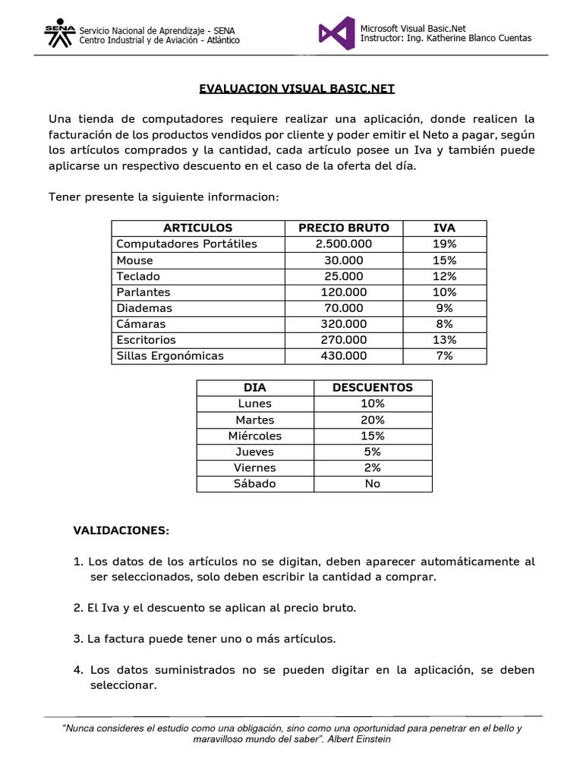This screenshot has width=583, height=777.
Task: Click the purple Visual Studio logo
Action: [x=336, y=33]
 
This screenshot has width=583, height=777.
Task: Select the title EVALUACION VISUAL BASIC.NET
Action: [x=297, y=88]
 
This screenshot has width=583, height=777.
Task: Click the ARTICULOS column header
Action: [x=197, y=228]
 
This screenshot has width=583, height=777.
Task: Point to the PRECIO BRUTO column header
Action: [x=343, y=228]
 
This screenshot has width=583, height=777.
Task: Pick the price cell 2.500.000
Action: [x=343, y=244]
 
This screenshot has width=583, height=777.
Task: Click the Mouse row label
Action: [x=134, y=260]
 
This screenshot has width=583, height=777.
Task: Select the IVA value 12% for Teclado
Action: [x=444, y=276]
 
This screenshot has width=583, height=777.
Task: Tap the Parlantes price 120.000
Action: [x=343, y=292]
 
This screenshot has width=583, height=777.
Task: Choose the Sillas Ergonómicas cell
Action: [x=170, y=356]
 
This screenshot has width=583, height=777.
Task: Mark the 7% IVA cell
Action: [x=444, y=356]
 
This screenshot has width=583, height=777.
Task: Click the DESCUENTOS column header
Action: [x=372, y=388]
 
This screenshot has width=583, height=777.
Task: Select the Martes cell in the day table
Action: [x=254, y=420]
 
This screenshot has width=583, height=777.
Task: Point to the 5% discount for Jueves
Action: [x=372, y=451]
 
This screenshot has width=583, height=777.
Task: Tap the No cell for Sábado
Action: [x=372, y=483]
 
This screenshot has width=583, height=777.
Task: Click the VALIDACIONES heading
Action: [x=121, y=530]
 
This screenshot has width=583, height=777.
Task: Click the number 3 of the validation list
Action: [x=77, y=639]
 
